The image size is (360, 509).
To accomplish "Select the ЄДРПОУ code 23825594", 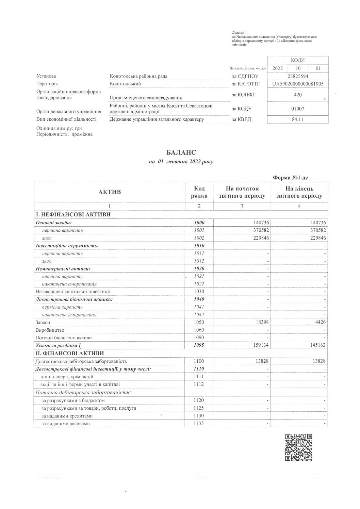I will (298, 76).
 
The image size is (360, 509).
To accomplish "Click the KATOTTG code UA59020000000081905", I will (298, 84).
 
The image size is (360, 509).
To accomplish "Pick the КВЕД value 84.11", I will (298, 119).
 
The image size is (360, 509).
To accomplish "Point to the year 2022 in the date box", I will (278, 68).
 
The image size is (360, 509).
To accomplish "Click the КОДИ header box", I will (298, 60).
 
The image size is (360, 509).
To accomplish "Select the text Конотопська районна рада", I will (138, 76).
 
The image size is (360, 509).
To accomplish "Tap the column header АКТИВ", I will (110, 192).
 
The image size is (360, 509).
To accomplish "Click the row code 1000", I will (199, 223).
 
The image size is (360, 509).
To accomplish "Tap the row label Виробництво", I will (50, 330).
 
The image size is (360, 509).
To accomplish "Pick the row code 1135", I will (199, 423).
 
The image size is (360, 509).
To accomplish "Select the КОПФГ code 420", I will (298, 95).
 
